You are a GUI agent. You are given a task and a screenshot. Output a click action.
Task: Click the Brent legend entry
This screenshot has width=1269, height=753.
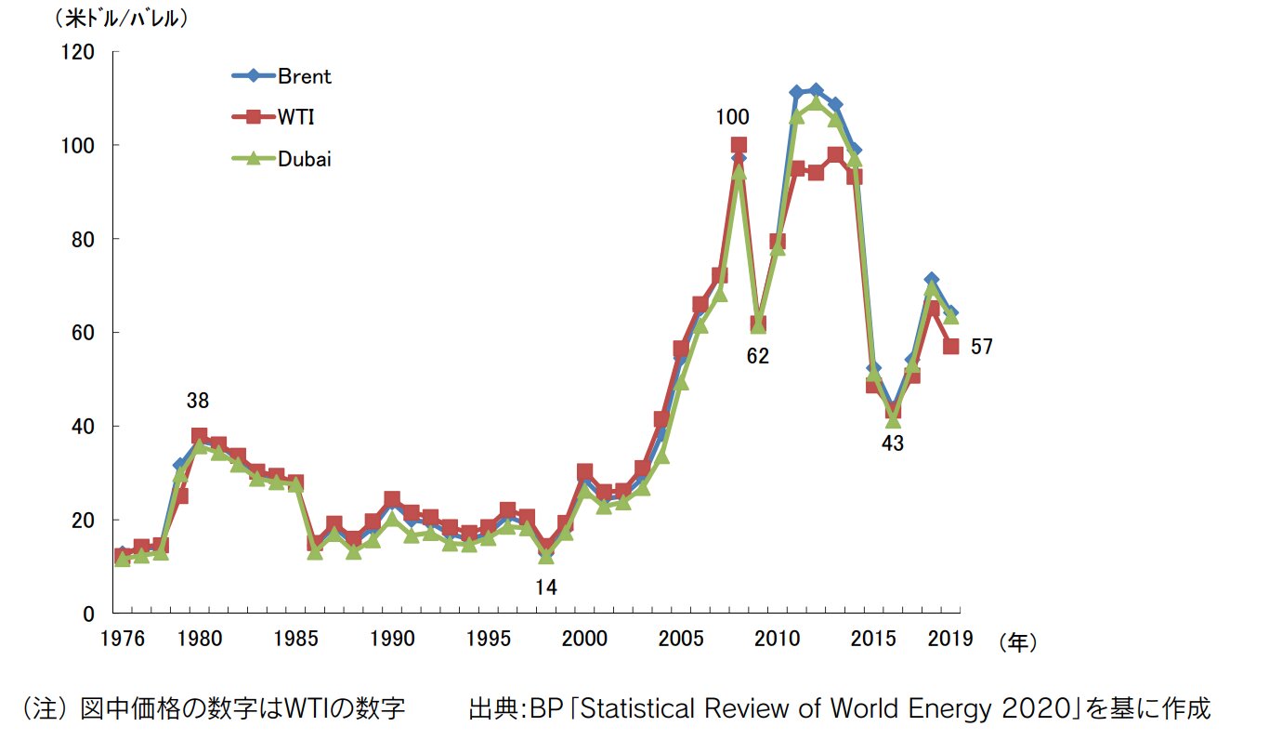coord(304,76)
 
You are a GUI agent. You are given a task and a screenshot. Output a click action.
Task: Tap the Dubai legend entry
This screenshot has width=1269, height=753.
coord(304,158)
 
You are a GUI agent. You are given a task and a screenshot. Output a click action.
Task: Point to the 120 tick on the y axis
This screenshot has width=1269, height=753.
coord(79,52)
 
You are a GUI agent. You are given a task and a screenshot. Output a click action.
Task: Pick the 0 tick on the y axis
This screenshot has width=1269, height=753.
coord(89,614)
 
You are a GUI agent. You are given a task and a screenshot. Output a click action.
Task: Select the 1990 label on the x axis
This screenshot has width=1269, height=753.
coord(392,639)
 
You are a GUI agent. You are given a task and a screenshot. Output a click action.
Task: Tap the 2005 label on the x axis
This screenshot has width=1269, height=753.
coord(682,639)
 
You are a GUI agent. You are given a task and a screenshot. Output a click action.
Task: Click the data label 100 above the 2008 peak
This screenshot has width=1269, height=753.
coord(732,117)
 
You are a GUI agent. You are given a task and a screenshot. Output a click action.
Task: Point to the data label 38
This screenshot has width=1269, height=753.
coord(198,402)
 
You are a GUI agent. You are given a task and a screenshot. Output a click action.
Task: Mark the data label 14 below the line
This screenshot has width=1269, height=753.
coord(545,587)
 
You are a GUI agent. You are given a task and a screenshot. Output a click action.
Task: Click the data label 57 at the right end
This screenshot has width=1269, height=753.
coord(982,347)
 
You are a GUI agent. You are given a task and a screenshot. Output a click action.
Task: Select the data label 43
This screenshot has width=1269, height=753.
coord(893,443)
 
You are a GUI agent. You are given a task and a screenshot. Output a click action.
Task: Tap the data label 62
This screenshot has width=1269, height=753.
coord(758,356)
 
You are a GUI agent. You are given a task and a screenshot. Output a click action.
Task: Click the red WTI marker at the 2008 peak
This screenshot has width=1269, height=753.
coord(739,145)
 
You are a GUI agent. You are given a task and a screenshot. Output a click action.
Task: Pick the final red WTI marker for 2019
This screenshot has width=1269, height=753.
coord(951,346)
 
